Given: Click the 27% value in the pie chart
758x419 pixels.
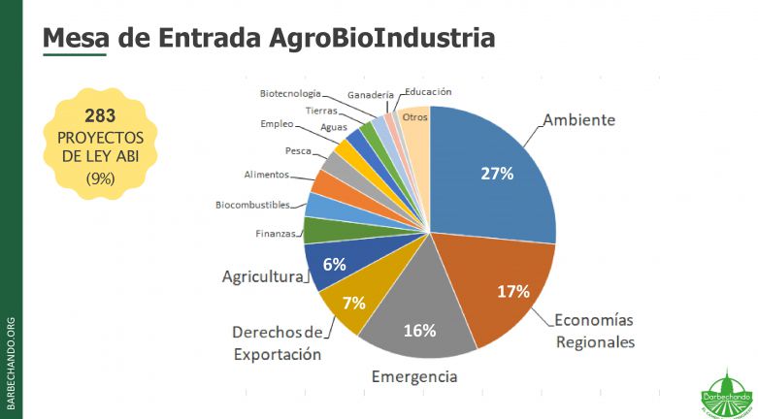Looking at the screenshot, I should point(497,174).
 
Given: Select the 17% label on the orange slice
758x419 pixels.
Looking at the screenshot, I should point(512,291).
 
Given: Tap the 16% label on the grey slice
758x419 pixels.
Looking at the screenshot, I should point(419,330).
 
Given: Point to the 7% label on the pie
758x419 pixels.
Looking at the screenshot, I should point(353,302).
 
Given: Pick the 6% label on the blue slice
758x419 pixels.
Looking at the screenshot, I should point(334,264).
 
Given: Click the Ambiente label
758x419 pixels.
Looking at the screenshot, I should point(578,121).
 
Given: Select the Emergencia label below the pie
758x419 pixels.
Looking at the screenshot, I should point(413,376).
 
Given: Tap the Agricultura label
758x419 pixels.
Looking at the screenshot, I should point(262,276).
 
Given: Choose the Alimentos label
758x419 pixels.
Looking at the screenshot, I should point(266,175).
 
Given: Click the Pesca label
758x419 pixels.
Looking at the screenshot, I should point(298,151).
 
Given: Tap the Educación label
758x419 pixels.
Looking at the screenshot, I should point(428,91).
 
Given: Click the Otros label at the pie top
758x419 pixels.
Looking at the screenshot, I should point(415,117).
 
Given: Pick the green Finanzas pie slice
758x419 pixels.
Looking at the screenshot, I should point(317,230).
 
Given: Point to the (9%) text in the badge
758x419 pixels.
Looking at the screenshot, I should point(100,178).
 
